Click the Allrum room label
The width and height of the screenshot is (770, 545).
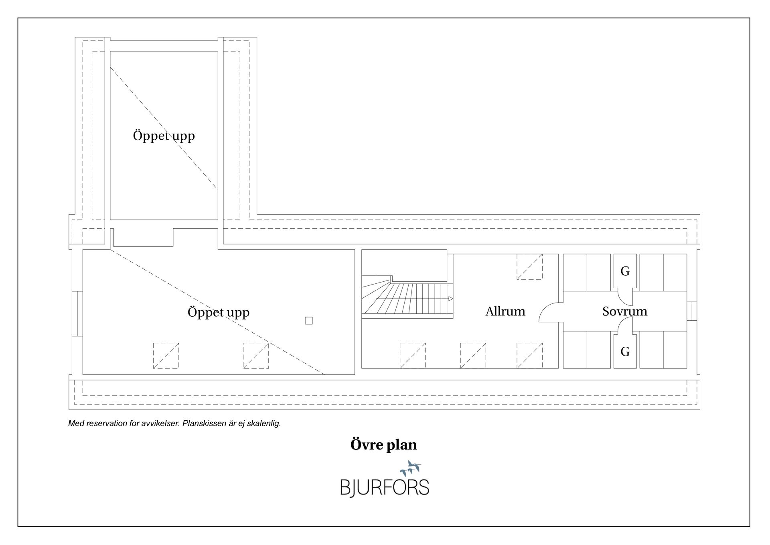(x=505, y=311)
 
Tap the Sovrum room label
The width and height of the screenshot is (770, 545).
(x=625, y=311)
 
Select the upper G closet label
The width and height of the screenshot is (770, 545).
(x=625, y=271)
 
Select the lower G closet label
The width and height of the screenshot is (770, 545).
(x=625, y=352)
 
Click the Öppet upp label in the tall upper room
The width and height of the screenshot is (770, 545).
(x=164, y=136)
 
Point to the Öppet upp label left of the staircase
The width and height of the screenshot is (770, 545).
(x=219, y=312)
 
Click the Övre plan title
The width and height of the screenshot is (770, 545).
(x=384, y=445)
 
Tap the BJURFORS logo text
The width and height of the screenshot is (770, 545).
(x=385, y=487)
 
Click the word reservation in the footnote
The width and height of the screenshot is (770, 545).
(x=108, y=423)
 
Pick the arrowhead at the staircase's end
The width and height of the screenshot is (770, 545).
(x=451, y=299)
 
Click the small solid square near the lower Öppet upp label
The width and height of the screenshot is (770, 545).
(x=309, y=321)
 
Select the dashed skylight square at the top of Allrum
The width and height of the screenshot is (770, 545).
(x=530, y=266)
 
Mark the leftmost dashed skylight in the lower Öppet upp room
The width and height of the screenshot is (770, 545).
(x=166, y=356)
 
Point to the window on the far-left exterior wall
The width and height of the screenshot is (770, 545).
(x=77, y=313)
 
